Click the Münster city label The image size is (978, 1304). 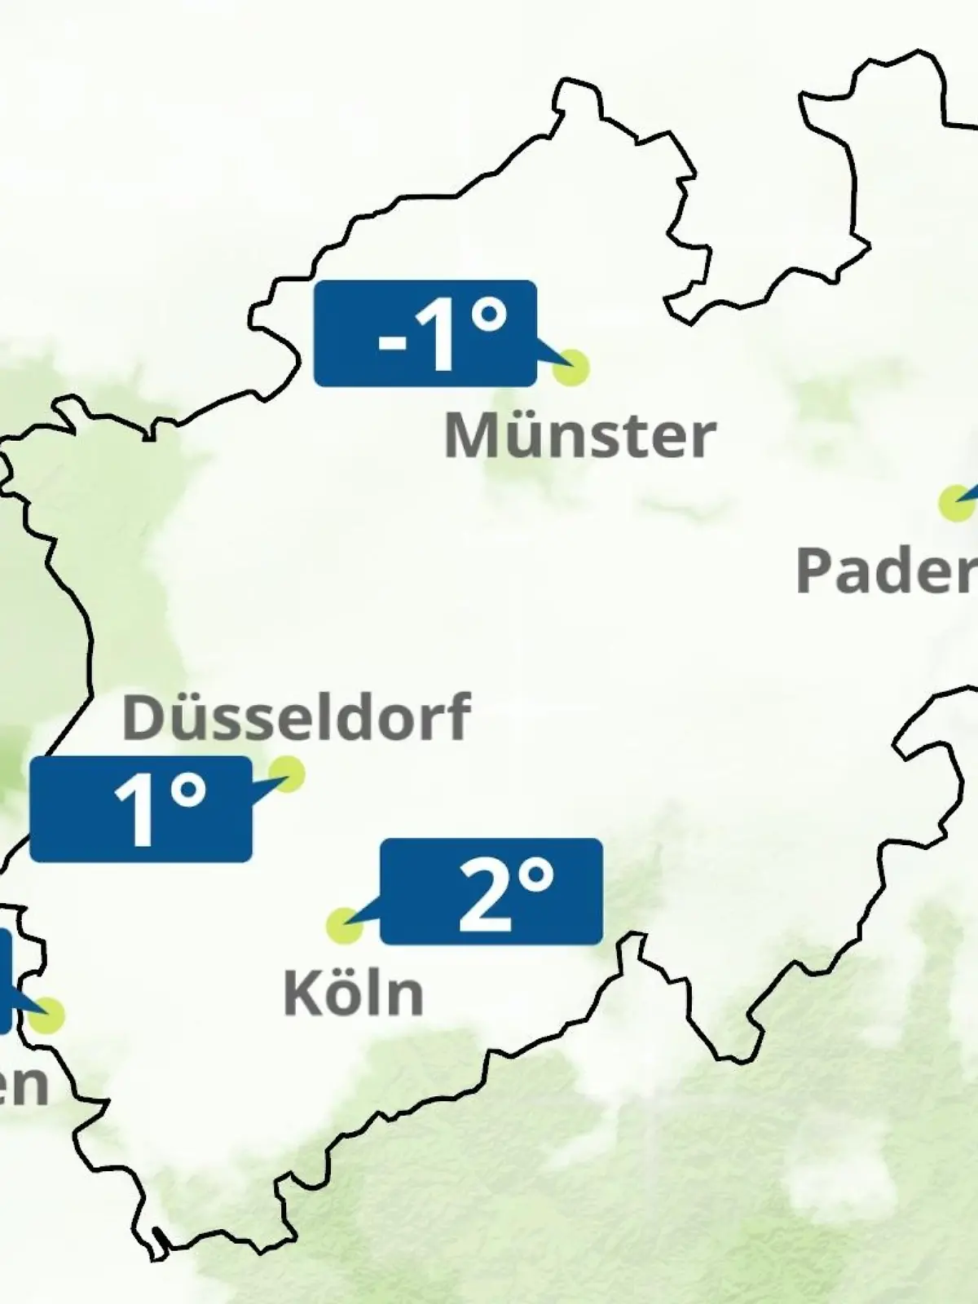pos(579,436)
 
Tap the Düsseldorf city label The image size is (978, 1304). pos(296,717)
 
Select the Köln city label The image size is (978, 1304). pos(353,993)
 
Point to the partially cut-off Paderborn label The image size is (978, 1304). pos(886,570)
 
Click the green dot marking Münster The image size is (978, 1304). pos(570,368)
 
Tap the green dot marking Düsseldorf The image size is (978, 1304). pos(287,773)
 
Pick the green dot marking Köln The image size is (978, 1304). pos(344,926)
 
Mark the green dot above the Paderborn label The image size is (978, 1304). pos(955,503)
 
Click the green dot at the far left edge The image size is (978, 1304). pos(47,1015)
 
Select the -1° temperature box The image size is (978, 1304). pos(425,333)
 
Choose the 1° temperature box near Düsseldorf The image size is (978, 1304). pos(140,808)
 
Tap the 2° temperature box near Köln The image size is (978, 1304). pos(491,891)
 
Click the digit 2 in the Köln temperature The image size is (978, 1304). pos(484,894)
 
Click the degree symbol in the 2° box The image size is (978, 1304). pos(536,875)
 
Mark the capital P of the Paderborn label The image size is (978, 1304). pos(815,570)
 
